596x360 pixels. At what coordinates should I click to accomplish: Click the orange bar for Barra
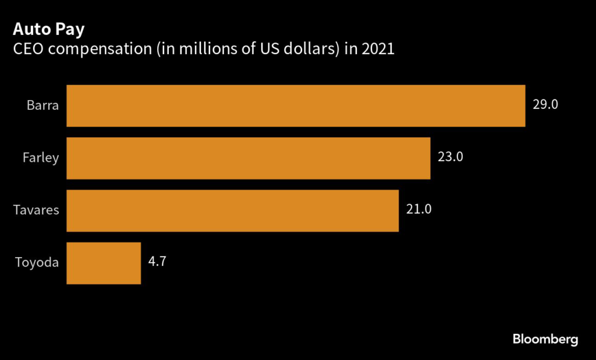(296, 106)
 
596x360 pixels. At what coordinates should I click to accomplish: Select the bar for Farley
(249, 158)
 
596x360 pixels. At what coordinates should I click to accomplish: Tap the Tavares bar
(232, 211)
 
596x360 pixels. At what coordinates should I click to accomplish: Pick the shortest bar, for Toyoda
(104, 263)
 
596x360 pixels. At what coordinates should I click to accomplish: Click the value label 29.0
(545, 105)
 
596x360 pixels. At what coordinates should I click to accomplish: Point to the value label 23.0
(450, 158)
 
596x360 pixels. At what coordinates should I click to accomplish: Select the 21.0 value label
(418, 210)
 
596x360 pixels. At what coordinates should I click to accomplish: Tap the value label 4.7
(158, 262)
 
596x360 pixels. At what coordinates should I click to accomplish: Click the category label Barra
(42, 106)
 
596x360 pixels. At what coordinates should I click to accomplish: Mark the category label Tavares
(36, 211)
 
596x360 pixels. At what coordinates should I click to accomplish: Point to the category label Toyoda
(37, 263)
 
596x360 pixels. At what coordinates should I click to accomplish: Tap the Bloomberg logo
(545, 339)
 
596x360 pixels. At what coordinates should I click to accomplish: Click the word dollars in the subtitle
(297, 49)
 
